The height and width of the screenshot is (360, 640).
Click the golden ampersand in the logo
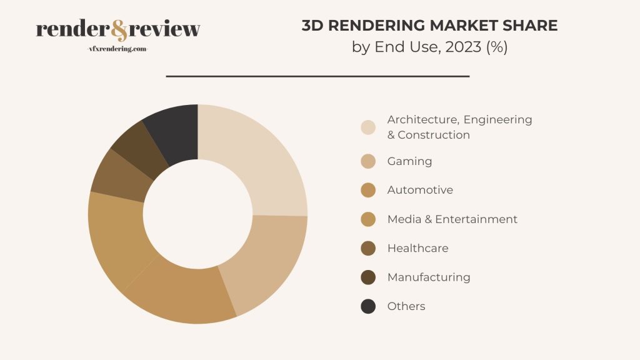pyautogui.click(x=119, y=29)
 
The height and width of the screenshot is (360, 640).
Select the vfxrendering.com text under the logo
pyautogui.click(x=119, y=49)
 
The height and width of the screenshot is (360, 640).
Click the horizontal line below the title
pyautogui.click(x=317, y=76)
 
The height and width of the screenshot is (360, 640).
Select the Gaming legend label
pyautogui.click(x=409, y=161)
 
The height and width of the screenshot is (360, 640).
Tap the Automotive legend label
pyautogui.click(x=420, y=190)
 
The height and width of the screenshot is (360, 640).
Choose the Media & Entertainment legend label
pyautogui.click(x=452, y=219)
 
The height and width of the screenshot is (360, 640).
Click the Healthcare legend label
pyautogui.click(x=417, y=248)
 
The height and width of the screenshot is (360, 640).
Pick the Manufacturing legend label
pyautogui.click(x=428, y=277)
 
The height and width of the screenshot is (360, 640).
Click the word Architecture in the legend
pyautogui.click(x=422, y=119)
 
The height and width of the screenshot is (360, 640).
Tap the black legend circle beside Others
pyautogui.click(x=368, y=306)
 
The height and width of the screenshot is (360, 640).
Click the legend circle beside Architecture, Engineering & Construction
pyautogui.click(x=368, y=127)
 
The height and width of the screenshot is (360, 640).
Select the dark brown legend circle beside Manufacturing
pyautogui.click(x=368, y=277)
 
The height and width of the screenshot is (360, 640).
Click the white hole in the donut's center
pyautogui.click(x=197, y=214)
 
